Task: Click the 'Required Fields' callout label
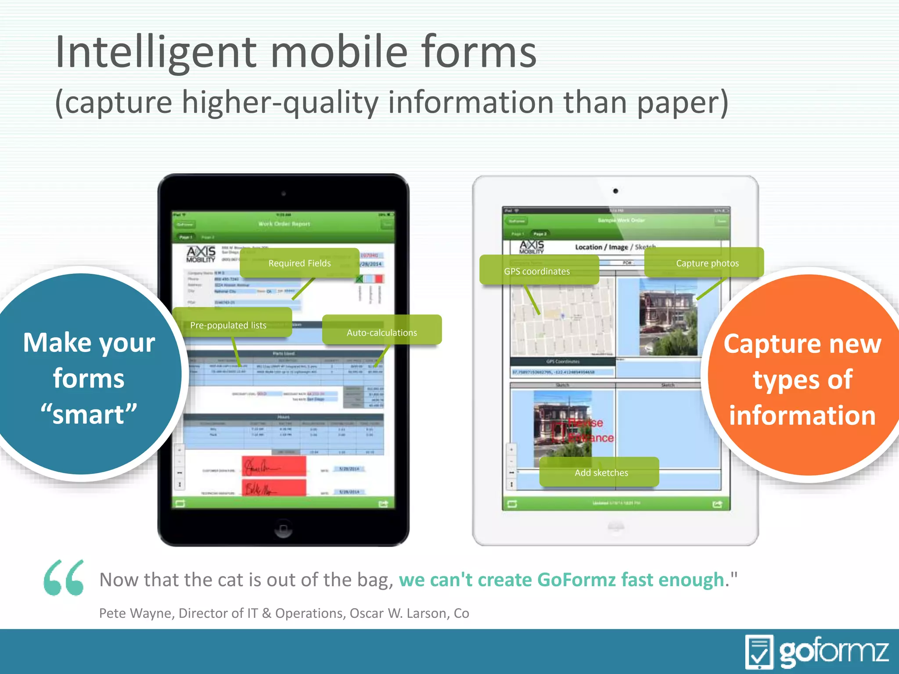[300, 263]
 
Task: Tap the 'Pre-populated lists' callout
[228, 325]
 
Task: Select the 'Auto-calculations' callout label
[382, 333]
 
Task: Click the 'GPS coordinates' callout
[537, 271]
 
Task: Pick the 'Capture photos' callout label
[707, 263]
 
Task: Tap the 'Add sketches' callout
[601, 473]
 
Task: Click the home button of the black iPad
[283, 528]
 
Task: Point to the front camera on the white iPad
[615, 191]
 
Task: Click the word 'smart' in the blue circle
[89, 415]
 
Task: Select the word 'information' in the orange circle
[802, 416]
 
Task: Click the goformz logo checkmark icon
[759, 652]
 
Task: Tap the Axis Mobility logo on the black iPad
[201, 254]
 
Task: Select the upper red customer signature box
[274, 466]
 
